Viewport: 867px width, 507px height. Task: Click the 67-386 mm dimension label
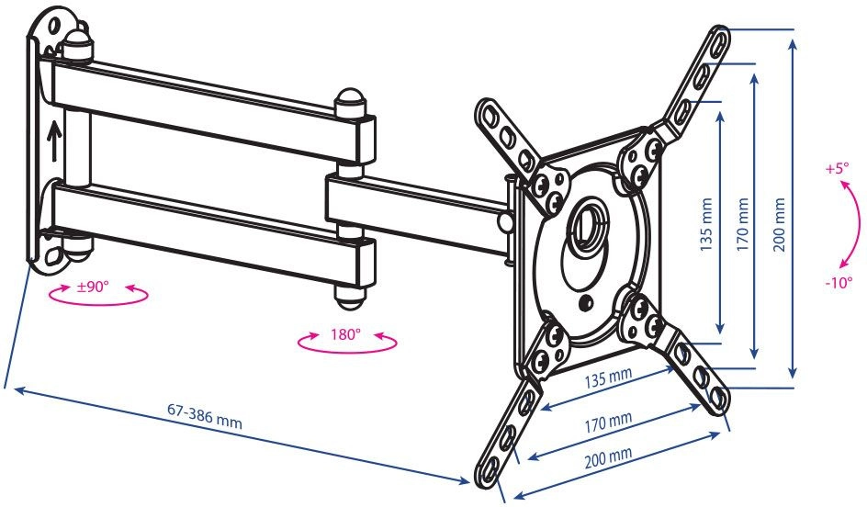(205, 416)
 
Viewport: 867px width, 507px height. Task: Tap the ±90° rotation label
(93, 287)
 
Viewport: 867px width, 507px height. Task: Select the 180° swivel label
(345, 334)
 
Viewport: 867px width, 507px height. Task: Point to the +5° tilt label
(837, 169)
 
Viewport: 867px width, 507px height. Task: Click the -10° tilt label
(839, 283)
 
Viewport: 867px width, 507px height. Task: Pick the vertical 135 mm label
(706, 225)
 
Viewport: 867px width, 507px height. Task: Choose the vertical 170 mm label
(743, 225)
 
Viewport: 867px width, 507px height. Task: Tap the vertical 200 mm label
(779, 225)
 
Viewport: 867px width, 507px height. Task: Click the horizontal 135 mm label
(608, 377)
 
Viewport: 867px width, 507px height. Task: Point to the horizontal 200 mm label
(608, 457)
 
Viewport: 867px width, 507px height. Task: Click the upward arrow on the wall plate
(53, 141)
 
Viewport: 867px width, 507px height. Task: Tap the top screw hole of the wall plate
(54, 26)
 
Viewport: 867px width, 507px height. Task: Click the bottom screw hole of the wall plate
(52, 255)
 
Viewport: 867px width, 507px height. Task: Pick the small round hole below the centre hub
(586, 302)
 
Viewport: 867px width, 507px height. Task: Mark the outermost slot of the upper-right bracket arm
(719, 42)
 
